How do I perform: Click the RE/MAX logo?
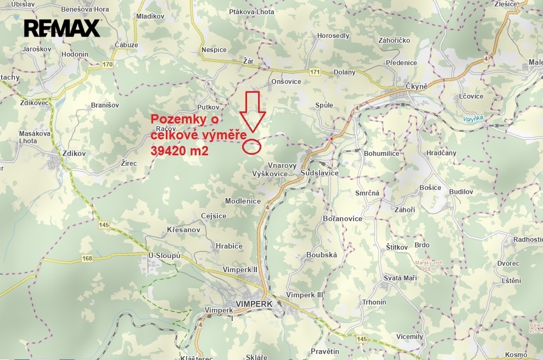[62, 28]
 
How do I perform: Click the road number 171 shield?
[314, 72]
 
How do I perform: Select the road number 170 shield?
[107, 65]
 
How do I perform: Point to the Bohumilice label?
[381, 153]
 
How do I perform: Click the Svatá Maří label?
[400, 278]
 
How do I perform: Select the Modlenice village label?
[243, 201]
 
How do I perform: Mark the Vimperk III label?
[305, 295]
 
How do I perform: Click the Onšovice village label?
[286, 81]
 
